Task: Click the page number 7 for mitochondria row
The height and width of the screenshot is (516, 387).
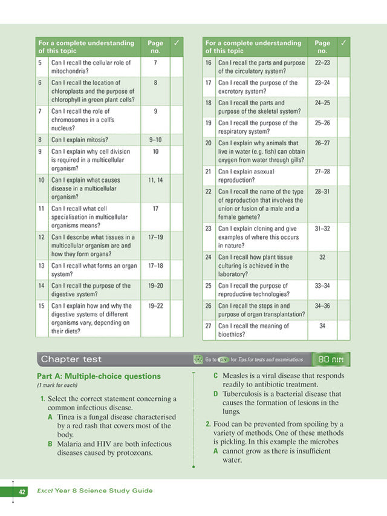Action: click(x=155, y=62)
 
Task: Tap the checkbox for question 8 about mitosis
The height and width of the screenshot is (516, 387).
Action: click(x=176, y=140)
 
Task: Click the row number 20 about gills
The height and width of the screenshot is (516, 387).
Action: click(x=208, y=143)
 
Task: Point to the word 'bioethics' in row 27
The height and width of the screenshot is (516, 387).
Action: click(x=232, y=334)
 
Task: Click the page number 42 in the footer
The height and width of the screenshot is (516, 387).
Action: click(x=22, y=491)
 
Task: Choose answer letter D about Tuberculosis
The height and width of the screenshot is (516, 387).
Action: click(x=216, y=394)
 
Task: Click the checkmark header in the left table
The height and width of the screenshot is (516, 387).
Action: click(x=176, y=44)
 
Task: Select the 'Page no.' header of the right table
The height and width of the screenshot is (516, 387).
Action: click(x=322, y=47)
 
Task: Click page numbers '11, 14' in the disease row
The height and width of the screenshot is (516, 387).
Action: click(x=155, y=180)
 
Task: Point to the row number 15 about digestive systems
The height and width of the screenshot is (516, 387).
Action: click(x=41, y=305)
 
